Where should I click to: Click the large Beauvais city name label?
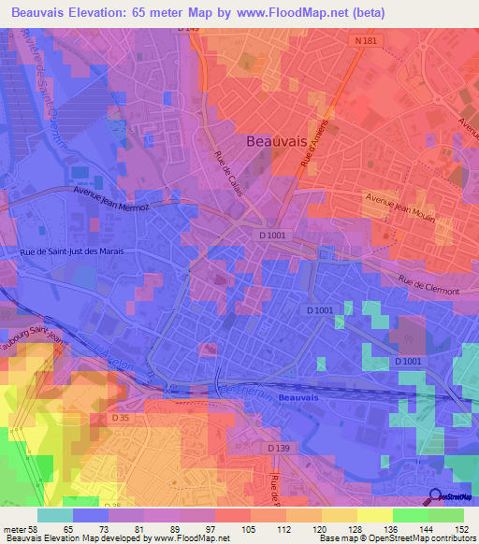276,141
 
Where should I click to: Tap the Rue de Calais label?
228,174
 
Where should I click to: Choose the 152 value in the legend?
463,529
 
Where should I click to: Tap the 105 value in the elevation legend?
250,529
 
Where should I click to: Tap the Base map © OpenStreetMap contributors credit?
396,538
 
